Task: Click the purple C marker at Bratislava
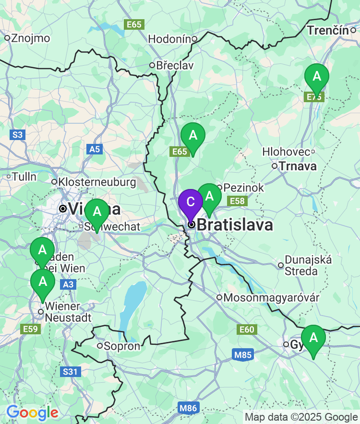point(191,202)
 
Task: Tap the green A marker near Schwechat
point(97,212)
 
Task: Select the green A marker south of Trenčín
point(317,77)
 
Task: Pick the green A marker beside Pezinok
point(209,196)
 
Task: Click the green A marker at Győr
point(313,338)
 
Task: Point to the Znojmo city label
point(29,38)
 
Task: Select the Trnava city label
point(298,166)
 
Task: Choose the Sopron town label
point(123,346)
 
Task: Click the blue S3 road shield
point(17,135)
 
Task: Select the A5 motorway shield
point(95,149)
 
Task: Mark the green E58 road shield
point(238,201)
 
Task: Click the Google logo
point(32,412)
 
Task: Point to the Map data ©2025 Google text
point(301,417)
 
